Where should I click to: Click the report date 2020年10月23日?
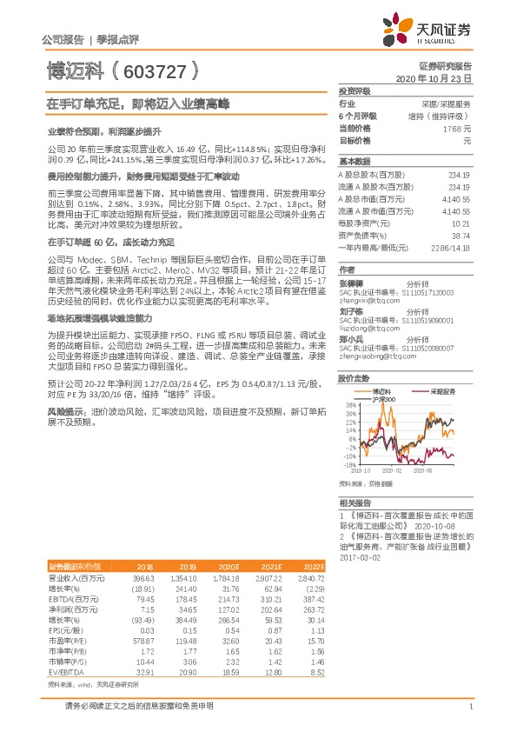[437, 78]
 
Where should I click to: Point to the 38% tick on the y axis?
[348, 405]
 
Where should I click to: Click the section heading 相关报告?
[355, 503]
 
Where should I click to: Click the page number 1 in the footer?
[469, 708]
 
